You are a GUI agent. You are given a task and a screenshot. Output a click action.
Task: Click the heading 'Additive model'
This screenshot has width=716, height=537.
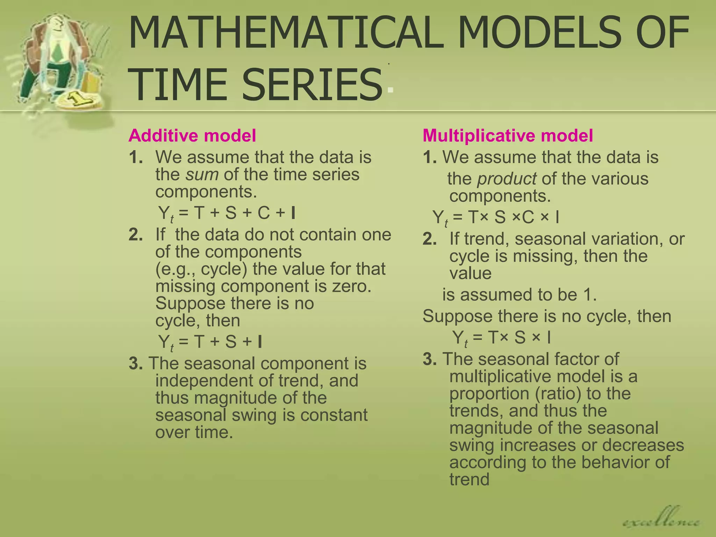tap(192, 136)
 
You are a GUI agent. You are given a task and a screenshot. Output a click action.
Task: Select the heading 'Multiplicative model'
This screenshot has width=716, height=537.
tap(508, 136)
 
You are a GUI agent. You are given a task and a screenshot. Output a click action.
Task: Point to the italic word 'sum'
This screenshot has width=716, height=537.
tap(202, 174)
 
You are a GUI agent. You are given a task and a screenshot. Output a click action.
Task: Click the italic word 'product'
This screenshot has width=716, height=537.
tap(507, 179)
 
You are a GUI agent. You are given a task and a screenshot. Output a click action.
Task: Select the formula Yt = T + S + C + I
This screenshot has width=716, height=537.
tap(227, 214)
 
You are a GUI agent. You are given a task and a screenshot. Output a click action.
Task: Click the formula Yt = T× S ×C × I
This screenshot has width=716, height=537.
tap(495, 218)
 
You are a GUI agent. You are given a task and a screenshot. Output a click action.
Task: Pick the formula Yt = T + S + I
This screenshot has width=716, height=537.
tap(210, 342)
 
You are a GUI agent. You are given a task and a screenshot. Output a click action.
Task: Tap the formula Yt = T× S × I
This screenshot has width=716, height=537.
tap(501, 338)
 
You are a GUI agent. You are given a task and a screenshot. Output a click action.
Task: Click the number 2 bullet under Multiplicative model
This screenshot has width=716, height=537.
tap(430, 239)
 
